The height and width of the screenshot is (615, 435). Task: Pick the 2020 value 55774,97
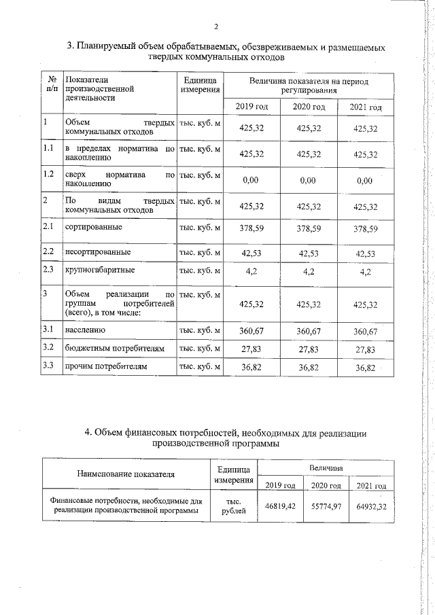pos(323,506)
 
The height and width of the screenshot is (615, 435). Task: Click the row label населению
pos(85,330)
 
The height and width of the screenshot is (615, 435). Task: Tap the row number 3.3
pos(48,367)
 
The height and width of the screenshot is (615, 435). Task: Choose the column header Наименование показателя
pos(126,474)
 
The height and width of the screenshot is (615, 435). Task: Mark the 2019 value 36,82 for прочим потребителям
pos(251,368)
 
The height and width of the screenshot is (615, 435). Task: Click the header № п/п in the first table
pos(51,84)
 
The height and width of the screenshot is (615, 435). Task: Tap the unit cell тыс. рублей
pos(234,507)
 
